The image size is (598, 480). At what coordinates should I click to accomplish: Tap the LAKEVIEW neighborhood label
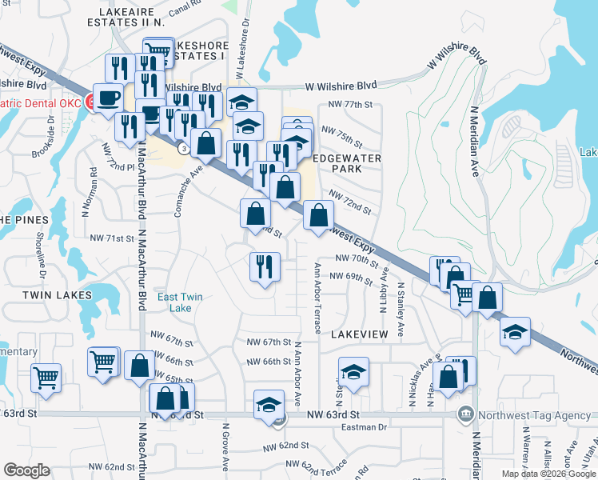tap(359, 334)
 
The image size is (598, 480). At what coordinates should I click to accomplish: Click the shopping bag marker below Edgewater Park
tap(318, 215)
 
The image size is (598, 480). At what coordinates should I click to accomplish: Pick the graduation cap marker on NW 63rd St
tap(269, 404)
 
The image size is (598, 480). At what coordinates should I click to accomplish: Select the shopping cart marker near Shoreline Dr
tap(46, 377)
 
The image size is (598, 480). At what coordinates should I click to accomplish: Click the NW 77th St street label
tap(351, 105)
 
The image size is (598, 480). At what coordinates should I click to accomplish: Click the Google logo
tap(27, 470)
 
